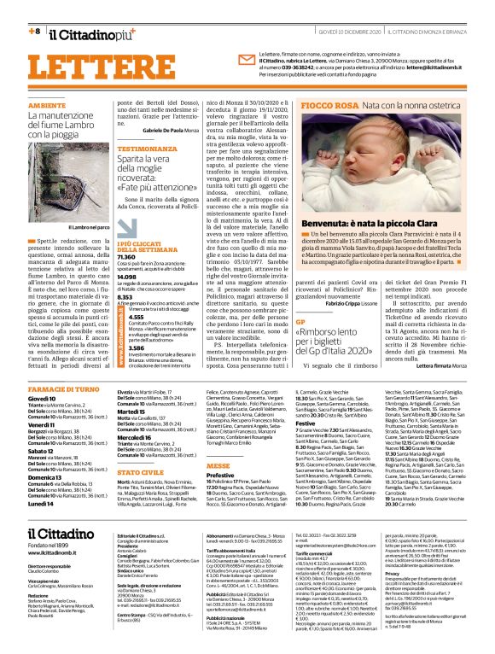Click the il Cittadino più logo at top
90,34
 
